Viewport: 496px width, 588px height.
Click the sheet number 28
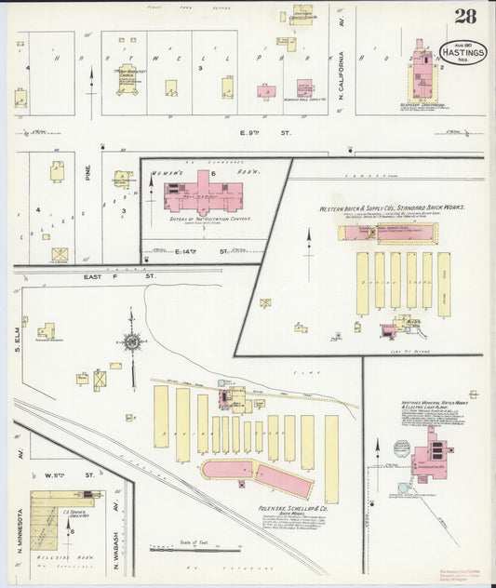pyautogui.click(x=465, y=17)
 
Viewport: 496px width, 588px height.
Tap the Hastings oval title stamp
pyautogui.click(x=462, y=53)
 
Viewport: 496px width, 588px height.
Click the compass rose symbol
pyautogui.click(x=132, y=342)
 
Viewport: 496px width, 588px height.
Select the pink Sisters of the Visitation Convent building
pyautogui.click(x=203, y=195)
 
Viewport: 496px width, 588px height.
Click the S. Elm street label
pyautogui.click(x=18, y=330)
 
